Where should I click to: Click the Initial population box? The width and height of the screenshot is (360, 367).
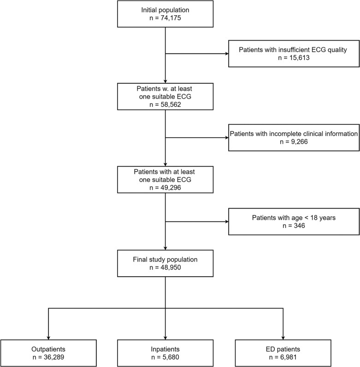tap(165, 14)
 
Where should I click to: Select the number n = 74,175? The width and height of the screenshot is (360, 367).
tap(165, 18)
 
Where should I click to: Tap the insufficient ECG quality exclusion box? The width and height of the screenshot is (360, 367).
tap(294, 53)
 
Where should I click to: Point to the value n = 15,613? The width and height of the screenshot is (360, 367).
tap(294, 58)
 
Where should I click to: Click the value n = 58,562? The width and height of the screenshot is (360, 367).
tap(165, 105)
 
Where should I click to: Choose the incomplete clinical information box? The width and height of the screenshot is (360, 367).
tap(294, 137)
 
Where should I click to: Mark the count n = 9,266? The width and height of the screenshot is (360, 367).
tap(294, 142)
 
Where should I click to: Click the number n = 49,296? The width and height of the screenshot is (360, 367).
tap(165, 187)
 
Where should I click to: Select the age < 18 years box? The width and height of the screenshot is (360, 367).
tap(294, 221)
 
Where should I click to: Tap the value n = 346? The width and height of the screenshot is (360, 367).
tap(294, 226)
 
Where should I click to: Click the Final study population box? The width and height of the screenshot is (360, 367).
tap(165, 263)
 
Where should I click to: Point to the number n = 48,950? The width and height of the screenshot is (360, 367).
tap(165, 267)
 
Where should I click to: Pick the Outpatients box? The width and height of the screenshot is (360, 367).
tap(48, 353)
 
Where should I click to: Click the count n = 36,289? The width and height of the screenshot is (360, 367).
tap(48, 357)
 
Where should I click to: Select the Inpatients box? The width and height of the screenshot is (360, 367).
tap(165, 353)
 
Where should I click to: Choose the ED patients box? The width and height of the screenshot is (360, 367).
tap(283, 353)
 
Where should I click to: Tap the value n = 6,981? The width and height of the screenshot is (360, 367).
tap(283, 357)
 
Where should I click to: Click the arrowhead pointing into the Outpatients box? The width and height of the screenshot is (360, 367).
tap(48, 338)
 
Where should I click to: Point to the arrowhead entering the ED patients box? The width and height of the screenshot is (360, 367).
tap(283, 338)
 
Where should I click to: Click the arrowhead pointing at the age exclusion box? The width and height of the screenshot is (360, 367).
tap(227, 221)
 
